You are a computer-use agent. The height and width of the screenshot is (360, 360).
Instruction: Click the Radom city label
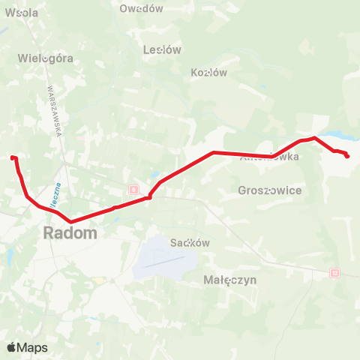coord(70,232)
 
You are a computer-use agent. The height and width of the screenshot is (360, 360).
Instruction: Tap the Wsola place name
coord(22,13)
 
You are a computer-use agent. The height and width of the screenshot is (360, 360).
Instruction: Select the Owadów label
coord(141,8)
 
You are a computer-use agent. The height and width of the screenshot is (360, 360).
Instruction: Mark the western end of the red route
coord(12,157)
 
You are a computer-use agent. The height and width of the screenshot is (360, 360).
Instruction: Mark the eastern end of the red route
coord(347,156)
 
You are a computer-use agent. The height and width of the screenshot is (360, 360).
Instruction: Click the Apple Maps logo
coord(27,347)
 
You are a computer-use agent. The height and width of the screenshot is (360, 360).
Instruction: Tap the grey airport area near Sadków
coord(163,259)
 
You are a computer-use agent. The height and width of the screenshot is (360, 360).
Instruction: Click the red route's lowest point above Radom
coord(71,221)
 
